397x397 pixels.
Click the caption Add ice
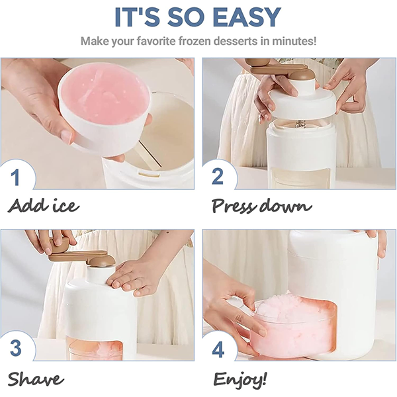[x=44, y=206]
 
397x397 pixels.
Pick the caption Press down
[x=261, y=206]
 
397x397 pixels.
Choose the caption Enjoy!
[x=240, y=378]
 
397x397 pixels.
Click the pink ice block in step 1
[x=104, y=95]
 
